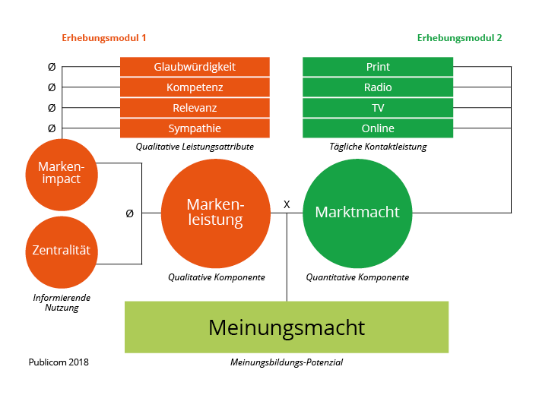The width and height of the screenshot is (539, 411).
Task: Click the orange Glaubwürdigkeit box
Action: click(195, 67)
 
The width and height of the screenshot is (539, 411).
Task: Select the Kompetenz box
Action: click(195, 87)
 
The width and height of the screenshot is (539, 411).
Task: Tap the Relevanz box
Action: click(195, 108)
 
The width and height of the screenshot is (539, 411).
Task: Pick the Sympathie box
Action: click(195, 128)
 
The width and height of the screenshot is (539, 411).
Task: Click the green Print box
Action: click(378, 67)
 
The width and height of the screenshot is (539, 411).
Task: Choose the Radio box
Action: click(378, 87)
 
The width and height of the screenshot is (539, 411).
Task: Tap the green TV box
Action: click(378, 108)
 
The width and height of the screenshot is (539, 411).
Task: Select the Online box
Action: click(378, 128)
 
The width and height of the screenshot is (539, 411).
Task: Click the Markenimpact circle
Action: click(64, 175)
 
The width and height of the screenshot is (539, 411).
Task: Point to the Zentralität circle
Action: click(64, 250)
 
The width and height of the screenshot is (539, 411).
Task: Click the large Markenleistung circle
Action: click(216, 213)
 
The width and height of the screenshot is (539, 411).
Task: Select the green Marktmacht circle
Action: click(357, 212)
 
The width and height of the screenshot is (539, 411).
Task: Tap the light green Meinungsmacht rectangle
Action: click(287, 327)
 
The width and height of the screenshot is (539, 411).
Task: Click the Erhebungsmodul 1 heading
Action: click(104, 37)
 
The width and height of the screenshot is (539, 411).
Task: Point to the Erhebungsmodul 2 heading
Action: click(459, 37)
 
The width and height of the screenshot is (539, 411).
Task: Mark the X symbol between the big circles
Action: click(287, 204)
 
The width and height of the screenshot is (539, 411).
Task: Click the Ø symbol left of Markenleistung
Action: click(129, 213)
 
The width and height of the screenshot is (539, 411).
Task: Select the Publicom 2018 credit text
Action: click(59, 362)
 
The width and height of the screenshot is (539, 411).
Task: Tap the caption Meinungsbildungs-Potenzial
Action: click(287, 362)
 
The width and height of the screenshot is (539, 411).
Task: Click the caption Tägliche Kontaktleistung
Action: click(378, 147)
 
